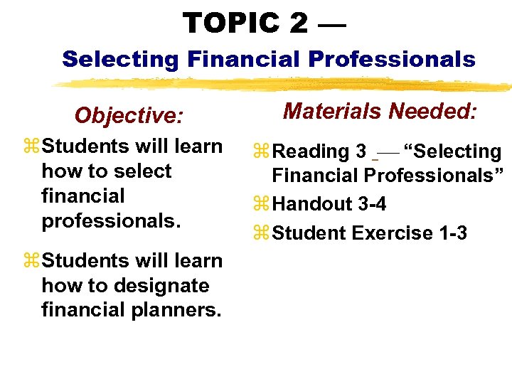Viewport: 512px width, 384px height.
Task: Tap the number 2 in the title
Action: point(299,23)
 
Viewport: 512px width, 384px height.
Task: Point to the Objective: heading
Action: point(129,115)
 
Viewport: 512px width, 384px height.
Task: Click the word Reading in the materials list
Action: point(311,151)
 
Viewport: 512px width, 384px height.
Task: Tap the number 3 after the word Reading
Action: point(361,151)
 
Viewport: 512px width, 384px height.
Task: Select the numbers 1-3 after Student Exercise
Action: point(449,233)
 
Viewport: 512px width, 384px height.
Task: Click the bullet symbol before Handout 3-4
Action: point(262,205)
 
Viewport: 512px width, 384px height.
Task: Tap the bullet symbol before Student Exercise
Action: point(262,233)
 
